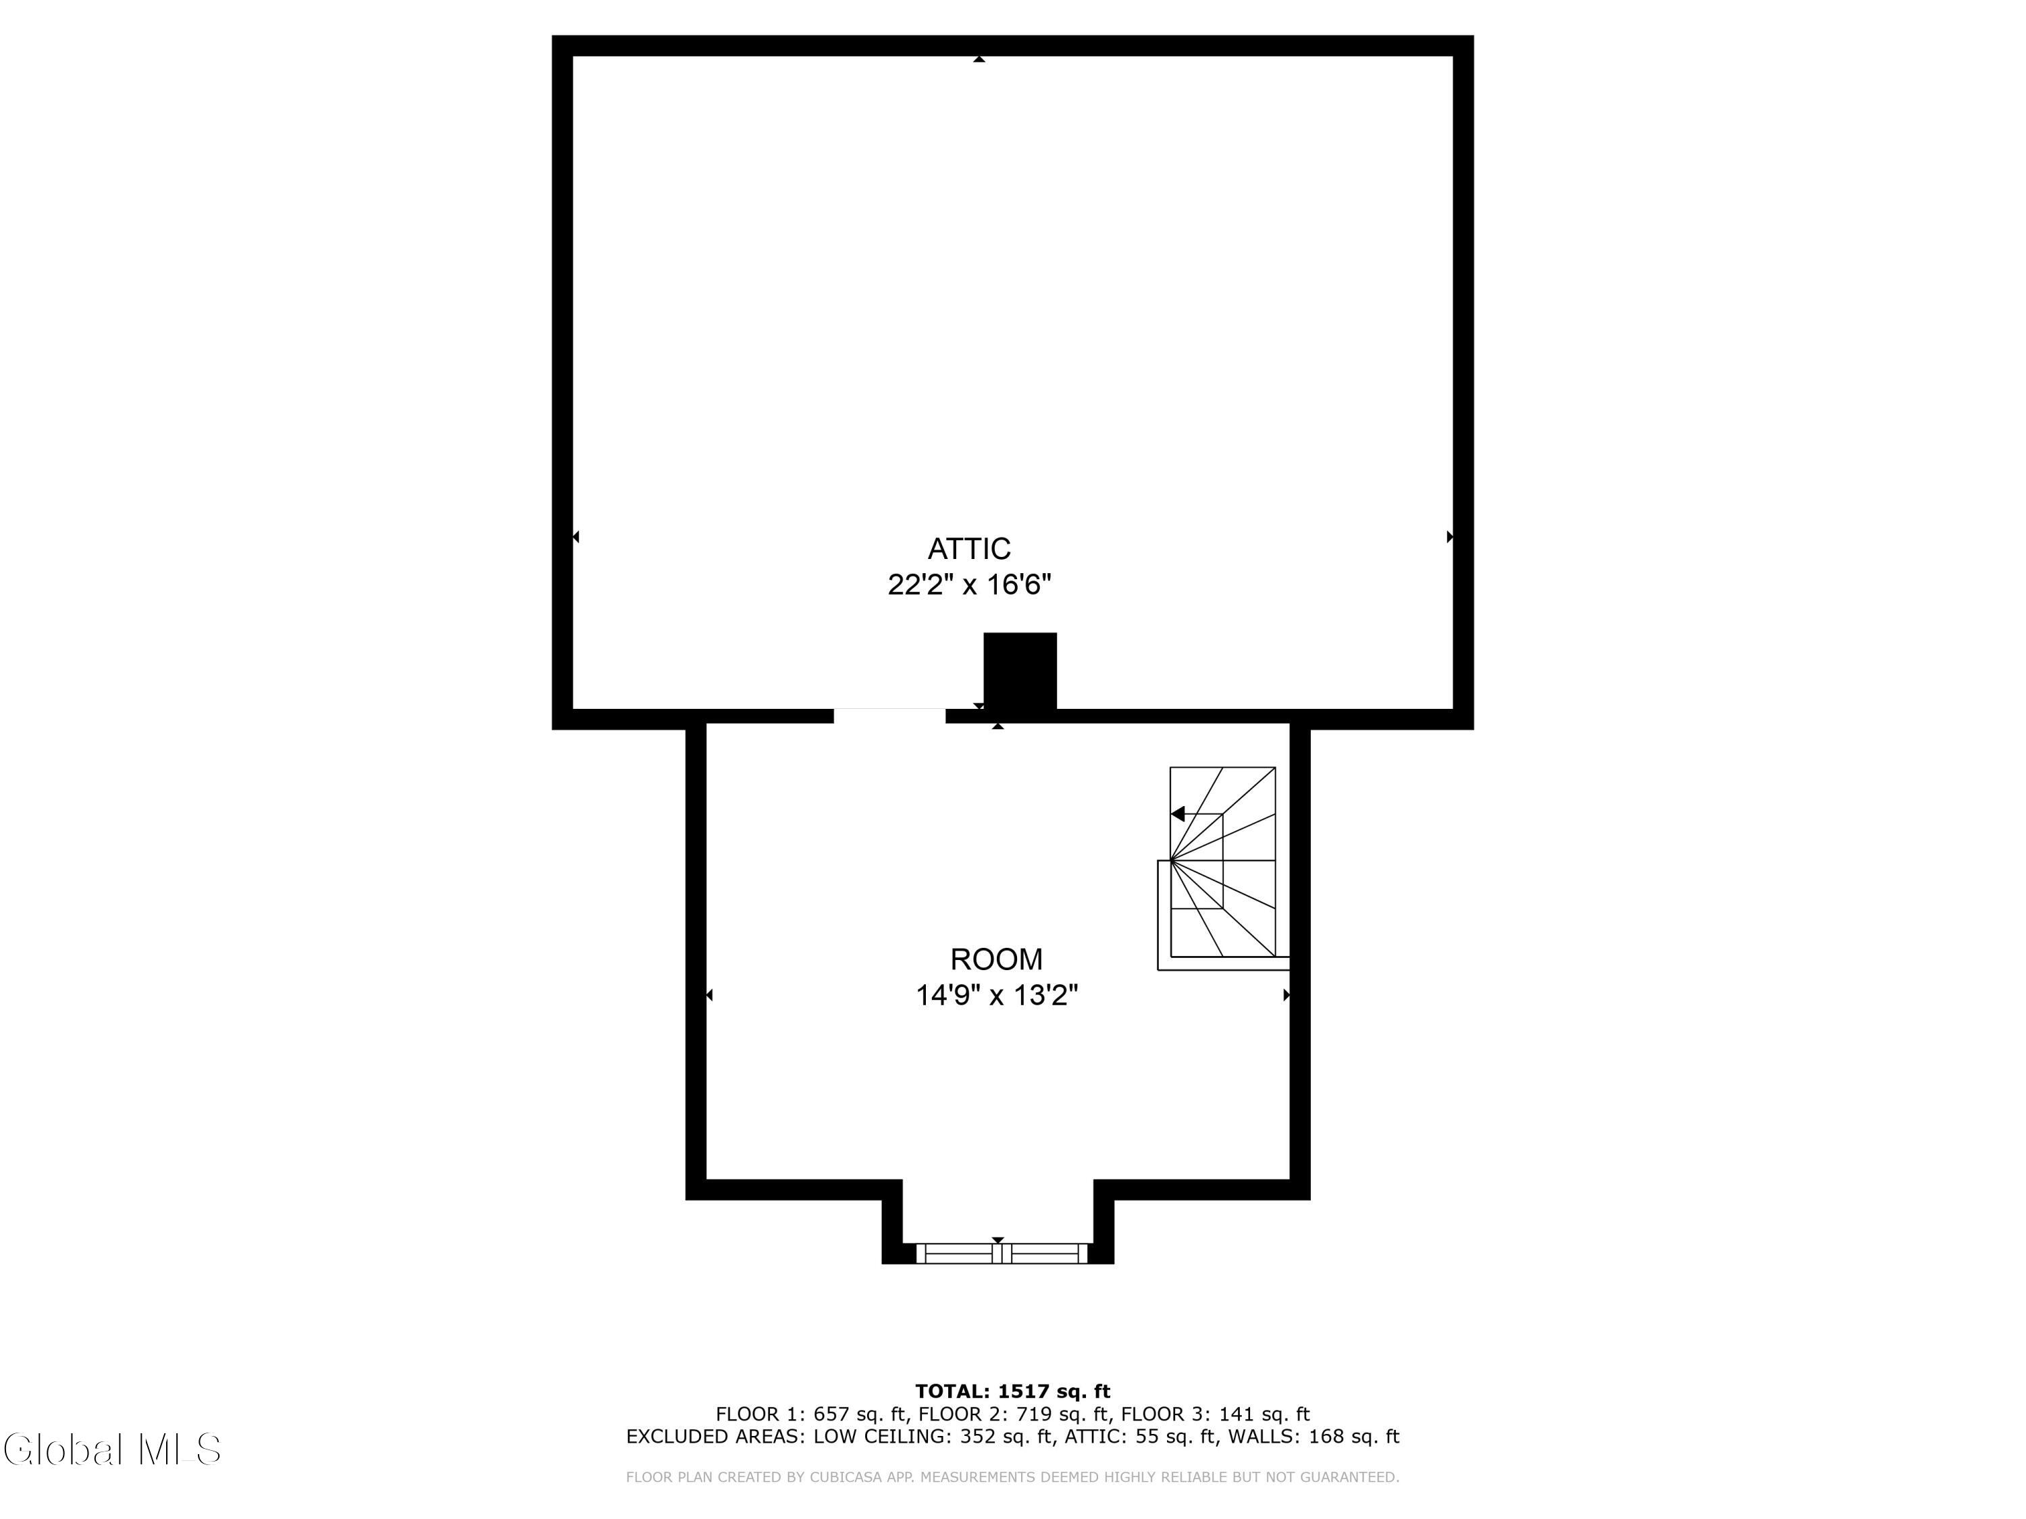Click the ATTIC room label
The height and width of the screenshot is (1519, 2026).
coord(969,548)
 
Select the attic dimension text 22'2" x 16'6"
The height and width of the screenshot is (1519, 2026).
coord(969,584)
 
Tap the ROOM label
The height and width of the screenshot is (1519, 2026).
coord(997,959)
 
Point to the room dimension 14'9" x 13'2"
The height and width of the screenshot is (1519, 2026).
coord(997,994)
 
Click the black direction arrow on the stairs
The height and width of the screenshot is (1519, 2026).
coord(1178,814)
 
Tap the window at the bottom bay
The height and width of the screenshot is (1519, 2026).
coord(1002,1254)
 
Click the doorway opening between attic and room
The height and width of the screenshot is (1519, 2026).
coord(889,716)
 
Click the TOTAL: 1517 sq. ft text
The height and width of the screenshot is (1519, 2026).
coord(1012,1391)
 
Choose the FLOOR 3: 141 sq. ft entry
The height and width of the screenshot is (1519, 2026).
coord(1216,1414)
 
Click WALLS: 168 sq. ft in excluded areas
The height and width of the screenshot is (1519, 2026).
coord(1314,1437)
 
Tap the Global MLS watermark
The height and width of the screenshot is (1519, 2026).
coord(111,1449)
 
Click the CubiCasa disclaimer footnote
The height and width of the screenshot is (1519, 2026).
coord(1012,1477)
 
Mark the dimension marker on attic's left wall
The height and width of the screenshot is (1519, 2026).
coord(575,537)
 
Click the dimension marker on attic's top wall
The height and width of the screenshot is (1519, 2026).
coord(979,59)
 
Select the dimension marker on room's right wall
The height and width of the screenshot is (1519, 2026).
coord(1287,994)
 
